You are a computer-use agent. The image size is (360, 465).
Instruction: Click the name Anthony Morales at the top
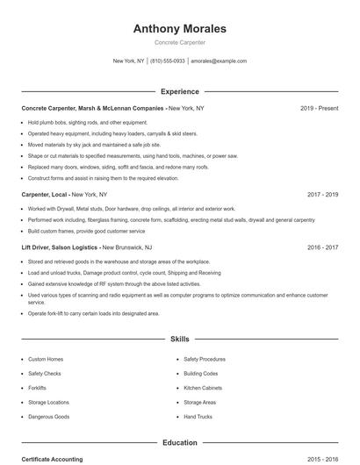(x=179, y=28)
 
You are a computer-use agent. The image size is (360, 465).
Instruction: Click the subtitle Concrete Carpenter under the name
(x=179, y=42)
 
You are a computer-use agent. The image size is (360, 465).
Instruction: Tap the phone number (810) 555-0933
(x=167, y=61)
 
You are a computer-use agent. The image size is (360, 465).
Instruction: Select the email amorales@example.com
(x=219, y=61)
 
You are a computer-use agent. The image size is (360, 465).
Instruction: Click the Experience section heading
(x=179, y=91)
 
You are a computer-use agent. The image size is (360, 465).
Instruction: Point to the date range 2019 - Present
(x=319, y=108)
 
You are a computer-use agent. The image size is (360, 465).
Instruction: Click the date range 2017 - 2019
(x=322, y=194)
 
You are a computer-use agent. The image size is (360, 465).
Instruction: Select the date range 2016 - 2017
(x=322, y=248)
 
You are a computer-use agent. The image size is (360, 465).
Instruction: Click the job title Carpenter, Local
(x=44, y=194)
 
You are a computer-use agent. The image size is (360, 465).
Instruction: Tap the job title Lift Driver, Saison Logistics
(x=60, y=248)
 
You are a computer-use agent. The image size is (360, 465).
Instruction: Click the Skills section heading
(x=179, y=338)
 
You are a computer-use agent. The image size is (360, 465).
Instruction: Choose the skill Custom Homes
(x=46, y=359)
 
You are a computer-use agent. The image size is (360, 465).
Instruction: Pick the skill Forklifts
(x=37, y=388)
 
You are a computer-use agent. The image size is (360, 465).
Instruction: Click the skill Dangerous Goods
(x=48, y=417)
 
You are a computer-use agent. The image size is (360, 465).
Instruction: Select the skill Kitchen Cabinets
(x=203, y=388)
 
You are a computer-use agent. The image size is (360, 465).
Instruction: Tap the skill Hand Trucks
(x=198, y=417)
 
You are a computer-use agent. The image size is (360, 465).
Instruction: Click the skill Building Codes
(x=201, y=374)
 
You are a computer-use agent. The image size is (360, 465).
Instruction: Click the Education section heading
(x=179, y=443)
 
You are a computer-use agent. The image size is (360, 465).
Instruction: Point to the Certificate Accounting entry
(x=52, y=459)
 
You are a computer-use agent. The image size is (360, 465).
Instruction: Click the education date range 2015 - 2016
(x=322, y=459)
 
